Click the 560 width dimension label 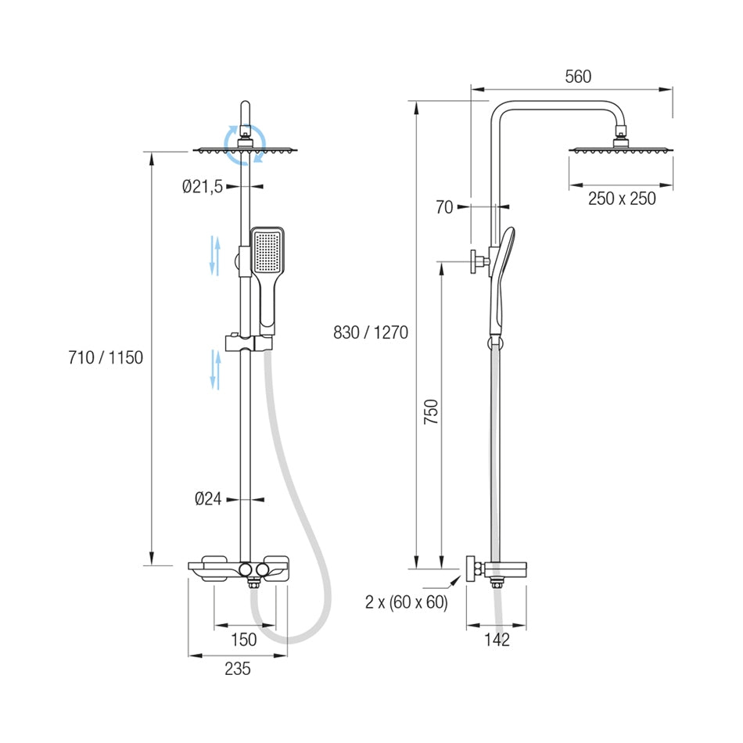click(x=578, y=77)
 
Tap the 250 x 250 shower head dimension click(x=622, y=199)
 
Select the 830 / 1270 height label click(x=371, y=332)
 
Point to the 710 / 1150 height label click(x=106, y=357)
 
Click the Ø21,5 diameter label click(x=203, y=187)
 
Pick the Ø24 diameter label click(x=209, y=498)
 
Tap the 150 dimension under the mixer click(x=243, y=640)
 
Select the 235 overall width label click(x=238, y=669)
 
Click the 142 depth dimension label click(x=497, y=640)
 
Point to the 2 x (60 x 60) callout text click(x=407, y=601)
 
